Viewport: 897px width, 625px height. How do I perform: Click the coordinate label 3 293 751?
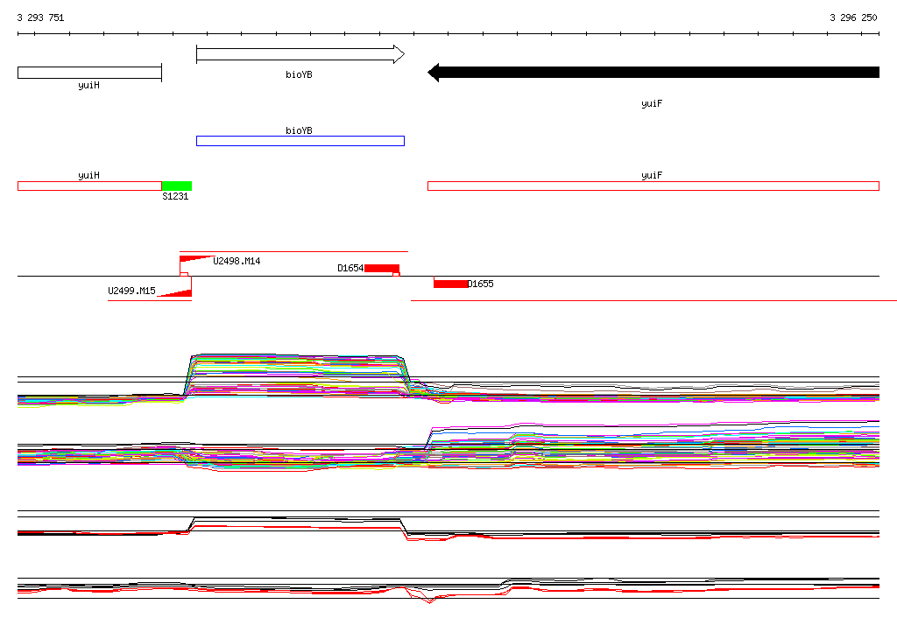pyautogui.click(x=40, y=18)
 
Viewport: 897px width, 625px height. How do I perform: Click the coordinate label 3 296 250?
pyautogui.click(x=853, y=18)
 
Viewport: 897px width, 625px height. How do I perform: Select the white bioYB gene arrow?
pyautogui.click(x=300, y=54)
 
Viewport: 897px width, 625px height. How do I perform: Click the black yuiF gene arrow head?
pyautogui.click(x=434, y=73)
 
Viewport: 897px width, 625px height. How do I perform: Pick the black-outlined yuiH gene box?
pyautogui.click(x=90, y=73)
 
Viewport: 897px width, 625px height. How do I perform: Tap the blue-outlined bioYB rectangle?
pyautogui.click(x=300, y=141)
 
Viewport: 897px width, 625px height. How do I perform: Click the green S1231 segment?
pyautogui.click(x=177, y=186)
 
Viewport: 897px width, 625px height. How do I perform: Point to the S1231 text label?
pyautogui.click(x=175, y=196)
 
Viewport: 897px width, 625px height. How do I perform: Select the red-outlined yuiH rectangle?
pyautogui.click(x=90, y=186)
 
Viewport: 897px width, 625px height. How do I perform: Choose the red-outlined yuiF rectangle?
pyautogui.click(x=653, y=186)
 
